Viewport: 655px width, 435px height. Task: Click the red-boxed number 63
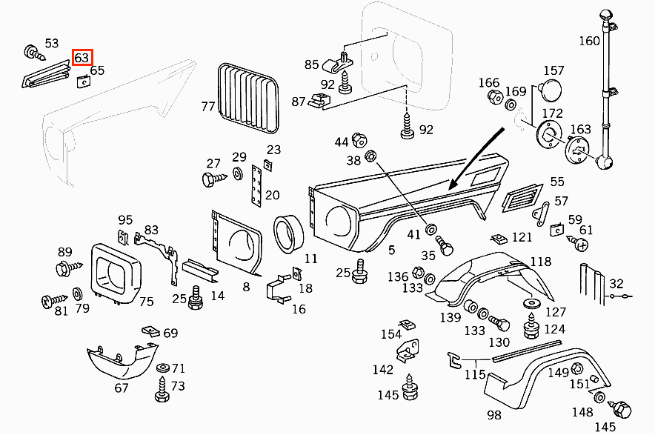[x=82, y=57]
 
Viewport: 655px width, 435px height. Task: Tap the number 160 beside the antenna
[x=589, y=41]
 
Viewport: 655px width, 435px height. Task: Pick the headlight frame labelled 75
[x=116, y=274]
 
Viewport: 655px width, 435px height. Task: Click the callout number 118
[x=541, y=262]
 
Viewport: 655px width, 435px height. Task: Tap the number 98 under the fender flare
[x=494, y=414]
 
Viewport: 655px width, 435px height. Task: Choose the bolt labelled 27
[x=210, y=179]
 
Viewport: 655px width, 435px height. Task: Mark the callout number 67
[x=122, y=388]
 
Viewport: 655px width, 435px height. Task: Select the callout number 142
[x=383, y=369]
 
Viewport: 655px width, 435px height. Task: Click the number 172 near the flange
[x=553, y=113]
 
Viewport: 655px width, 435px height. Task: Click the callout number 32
[x=616, y=284]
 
